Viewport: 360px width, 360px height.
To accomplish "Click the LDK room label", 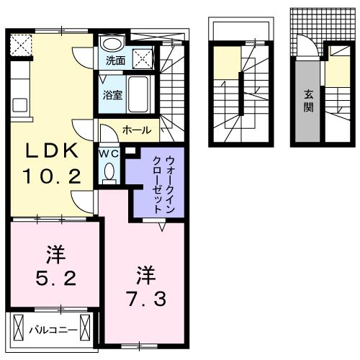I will [52, 152].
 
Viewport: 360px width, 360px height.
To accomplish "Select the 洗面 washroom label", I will [115, 60].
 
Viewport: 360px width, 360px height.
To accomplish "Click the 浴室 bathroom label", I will [112, 94].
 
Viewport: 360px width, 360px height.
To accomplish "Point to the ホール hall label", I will [137, 130].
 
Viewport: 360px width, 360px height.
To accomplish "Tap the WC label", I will [108, 153].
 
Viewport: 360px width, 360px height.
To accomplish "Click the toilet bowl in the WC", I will [109, 173].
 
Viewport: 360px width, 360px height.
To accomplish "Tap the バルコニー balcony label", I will [49, 330].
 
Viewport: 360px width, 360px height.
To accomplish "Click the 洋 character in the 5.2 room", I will [53, 254].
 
